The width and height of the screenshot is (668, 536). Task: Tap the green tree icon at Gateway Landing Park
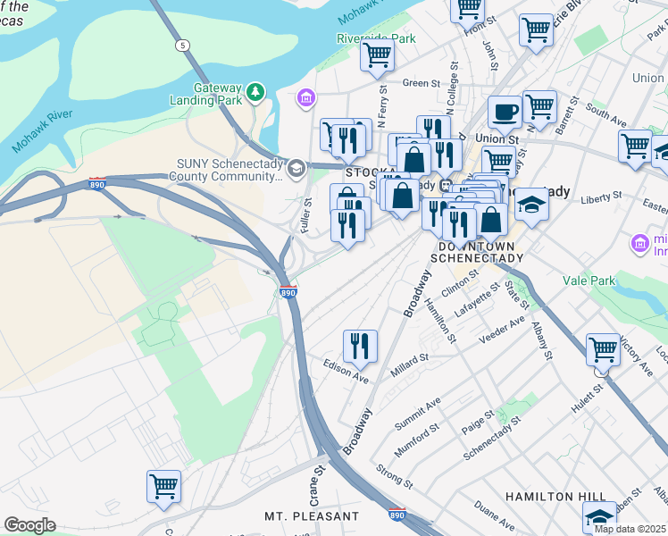click(x=256, y=91)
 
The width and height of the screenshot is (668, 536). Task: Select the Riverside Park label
click(x=376, y=38)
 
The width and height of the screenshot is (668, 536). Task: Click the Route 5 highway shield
click(x=183, y=45)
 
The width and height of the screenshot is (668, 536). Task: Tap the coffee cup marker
click(x=505, y=113)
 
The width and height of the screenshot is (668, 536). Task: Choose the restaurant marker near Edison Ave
click(x=360, y=347)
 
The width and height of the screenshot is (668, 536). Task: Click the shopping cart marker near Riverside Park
click(x=377, y=54)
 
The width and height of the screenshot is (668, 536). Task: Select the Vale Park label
click(x=589, y=281)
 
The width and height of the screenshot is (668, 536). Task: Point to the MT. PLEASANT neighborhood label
click(x=312, y=516)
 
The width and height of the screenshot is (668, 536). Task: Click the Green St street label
click(x=416, y=83)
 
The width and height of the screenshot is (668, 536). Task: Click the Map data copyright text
click(x=630, y=529)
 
